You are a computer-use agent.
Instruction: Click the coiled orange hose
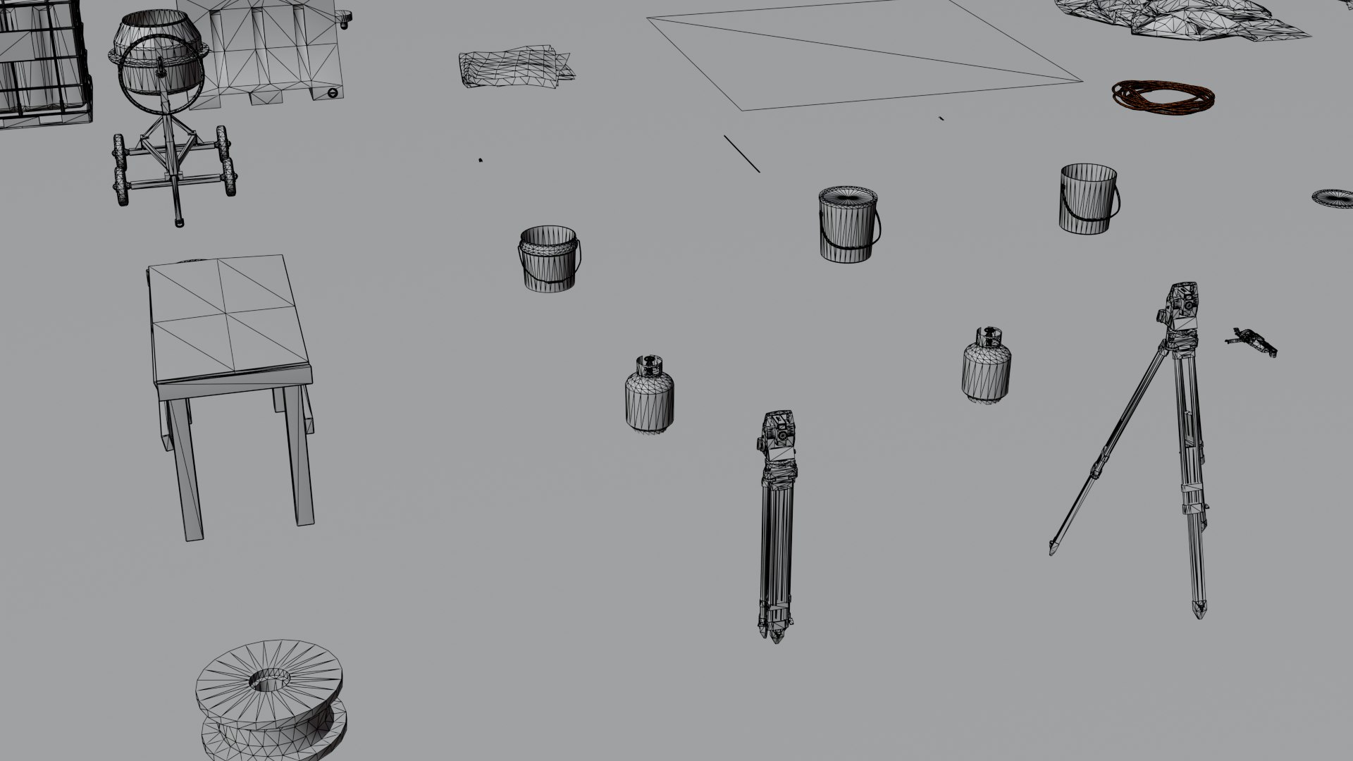click(x=1163, y=97)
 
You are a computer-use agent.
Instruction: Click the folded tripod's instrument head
click(x=778, y=437)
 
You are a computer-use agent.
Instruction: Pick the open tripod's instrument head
click(x=1180, y=307)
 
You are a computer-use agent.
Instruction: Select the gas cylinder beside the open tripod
click(x=987, y=366)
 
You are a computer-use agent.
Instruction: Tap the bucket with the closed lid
click(x=848, y=225)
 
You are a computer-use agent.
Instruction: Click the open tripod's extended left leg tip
click(x=1053, y=550)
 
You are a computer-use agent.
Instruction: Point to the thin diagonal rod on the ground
click(x=741, y=154)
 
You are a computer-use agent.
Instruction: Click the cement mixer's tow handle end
click(x=179, y=222)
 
